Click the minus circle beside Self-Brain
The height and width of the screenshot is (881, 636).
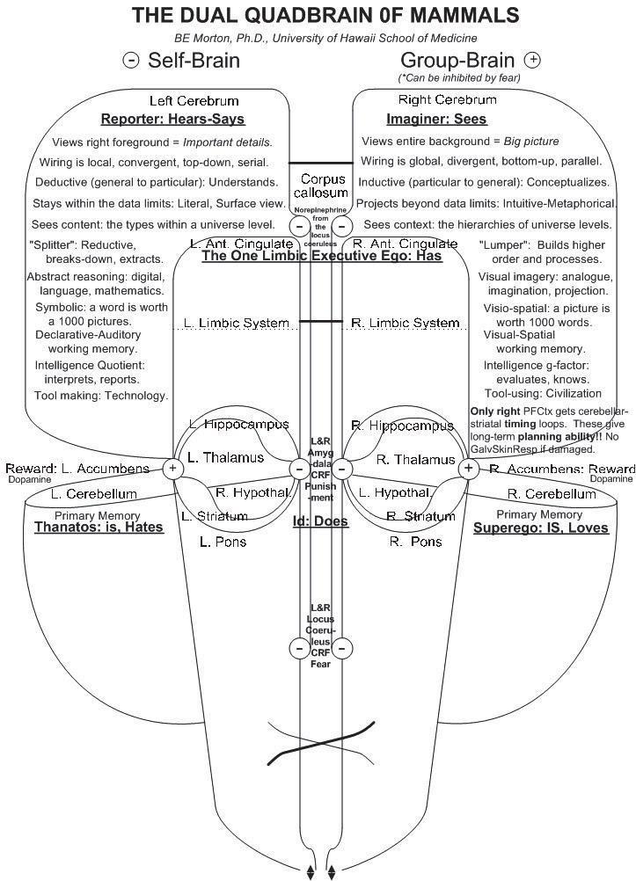click(131, 61)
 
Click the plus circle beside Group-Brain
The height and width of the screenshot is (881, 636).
click(532, 60)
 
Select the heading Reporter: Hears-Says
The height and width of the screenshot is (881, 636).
click(172, 119)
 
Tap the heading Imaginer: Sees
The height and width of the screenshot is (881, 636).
click(436, 119)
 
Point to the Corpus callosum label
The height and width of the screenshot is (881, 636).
click(323, 186)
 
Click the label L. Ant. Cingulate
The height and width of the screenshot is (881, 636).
click(240, 243)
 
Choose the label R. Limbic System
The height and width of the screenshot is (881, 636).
click(405, 323)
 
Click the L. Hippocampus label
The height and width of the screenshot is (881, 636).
click(238, 425)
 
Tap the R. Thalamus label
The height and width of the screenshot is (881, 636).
click(415, 459)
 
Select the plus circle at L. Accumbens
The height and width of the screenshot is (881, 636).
click(173, 469)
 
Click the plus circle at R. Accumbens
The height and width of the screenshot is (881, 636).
click(468, 469)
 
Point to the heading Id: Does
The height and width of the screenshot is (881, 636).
click(320, 521)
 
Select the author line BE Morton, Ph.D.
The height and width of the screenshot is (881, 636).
click(325, 38)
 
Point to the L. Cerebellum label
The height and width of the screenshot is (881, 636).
click(93, 494)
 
